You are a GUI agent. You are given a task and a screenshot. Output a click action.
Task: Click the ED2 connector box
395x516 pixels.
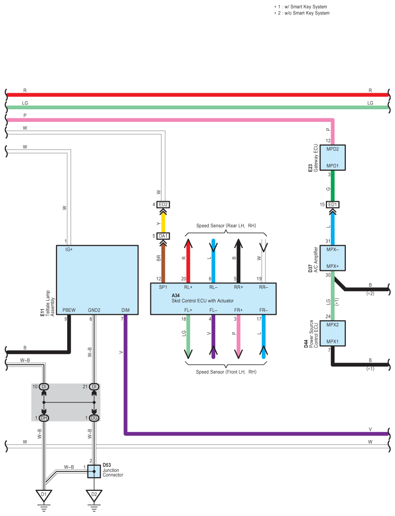tap(163, 205)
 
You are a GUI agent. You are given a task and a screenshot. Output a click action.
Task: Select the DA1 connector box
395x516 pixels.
tap(163, 236)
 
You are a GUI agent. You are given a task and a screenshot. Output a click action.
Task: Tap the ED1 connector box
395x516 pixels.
tap(333, 205)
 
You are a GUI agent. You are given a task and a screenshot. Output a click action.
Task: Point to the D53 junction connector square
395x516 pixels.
tap(94, 471)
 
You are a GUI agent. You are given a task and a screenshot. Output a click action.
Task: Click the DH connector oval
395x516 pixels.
tap(44, 418)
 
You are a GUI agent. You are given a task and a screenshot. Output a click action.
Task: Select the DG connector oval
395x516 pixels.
tap(94, 418)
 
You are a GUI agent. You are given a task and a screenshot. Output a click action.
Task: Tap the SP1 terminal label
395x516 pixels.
tap(163, 287)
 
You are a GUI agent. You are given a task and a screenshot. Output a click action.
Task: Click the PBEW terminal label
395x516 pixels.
tap(69, 310)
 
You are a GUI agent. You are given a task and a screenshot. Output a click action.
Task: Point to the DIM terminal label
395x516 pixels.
tap(125, 310)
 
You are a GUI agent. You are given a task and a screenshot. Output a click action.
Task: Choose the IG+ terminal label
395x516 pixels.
tap(69, 250)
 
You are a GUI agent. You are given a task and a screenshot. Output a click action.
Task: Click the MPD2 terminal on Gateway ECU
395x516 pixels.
tap(333, 149)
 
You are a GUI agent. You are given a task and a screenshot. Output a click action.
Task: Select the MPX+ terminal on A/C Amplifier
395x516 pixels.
tap(333, 266)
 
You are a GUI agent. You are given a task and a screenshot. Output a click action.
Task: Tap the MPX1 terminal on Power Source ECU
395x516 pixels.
tap(333, 341)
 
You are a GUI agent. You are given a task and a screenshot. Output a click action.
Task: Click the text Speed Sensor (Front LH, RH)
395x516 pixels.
tap(226, 372)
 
